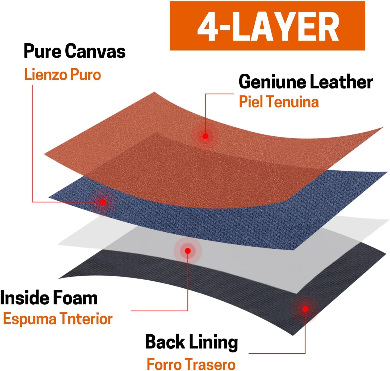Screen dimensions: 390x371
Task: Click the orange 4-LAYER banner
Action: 267,26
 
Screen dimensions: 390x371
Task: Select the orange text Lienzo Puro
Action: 62,74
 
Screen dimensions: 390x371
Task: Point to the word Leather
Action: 342,82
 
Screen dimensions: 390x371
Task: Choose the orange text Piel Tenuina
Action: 279,102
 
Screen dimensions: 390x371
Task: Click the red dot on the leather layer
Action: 205,136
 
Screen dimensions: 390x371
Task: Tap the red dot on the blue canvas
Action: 103,202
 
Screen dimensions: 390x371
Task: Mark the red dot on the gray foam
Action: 188,251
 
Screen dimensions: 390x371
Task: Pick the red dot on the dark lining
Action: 305,309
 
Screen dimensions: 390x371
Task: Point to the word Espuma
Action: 30,319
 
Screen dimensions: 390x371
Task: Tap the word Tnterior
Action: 86,319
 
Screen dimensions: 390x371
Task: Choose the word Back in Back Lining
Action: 165,342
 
